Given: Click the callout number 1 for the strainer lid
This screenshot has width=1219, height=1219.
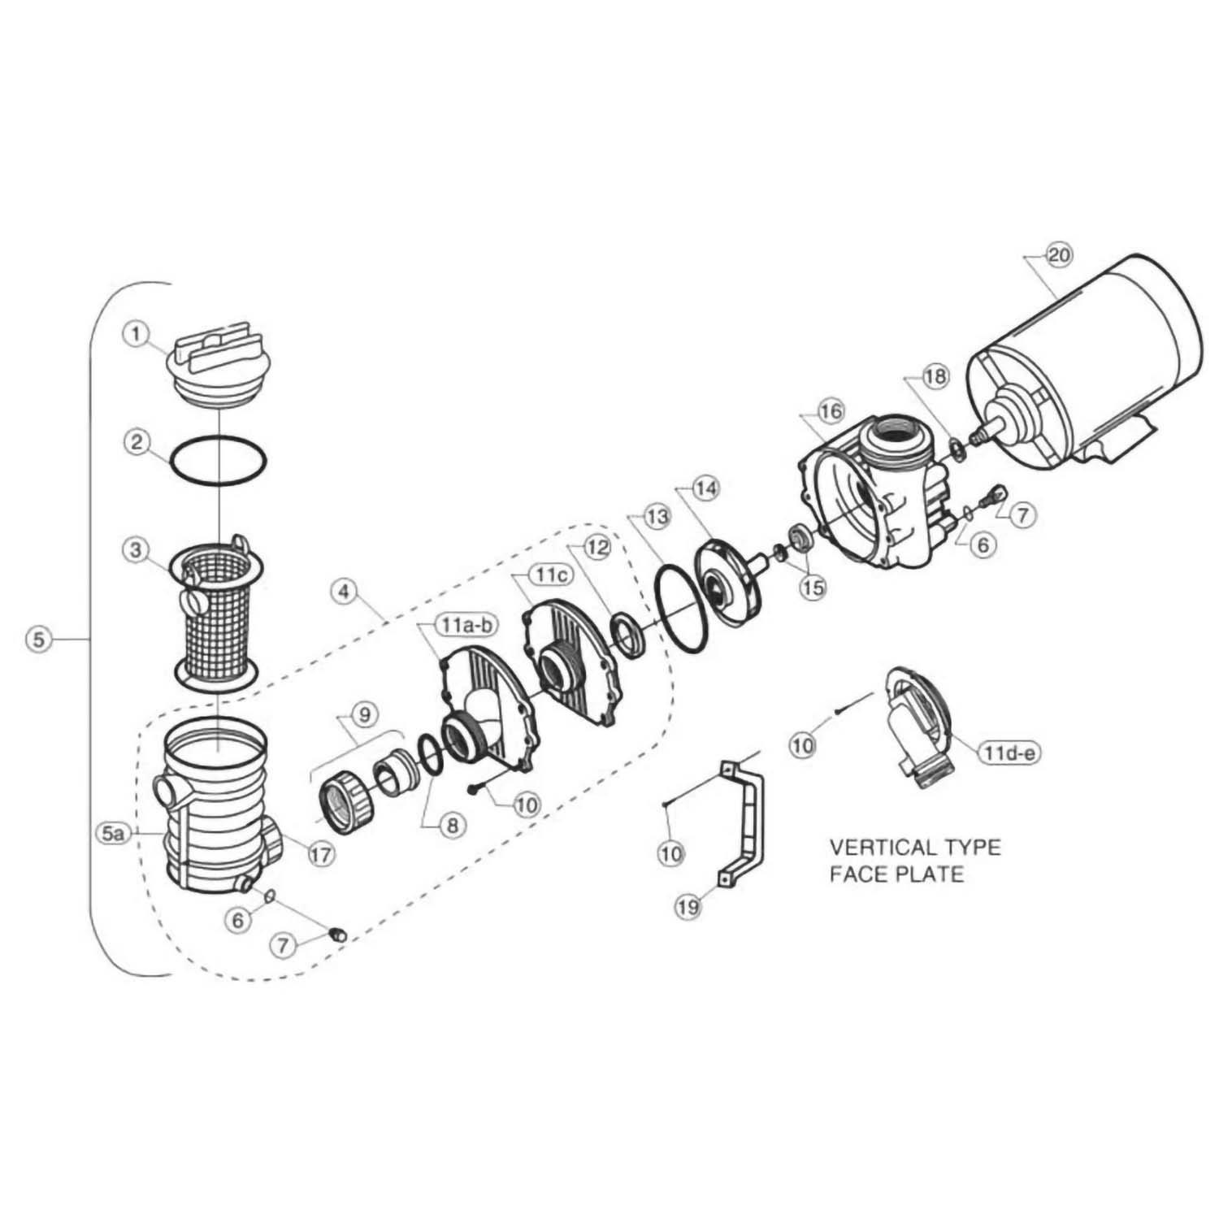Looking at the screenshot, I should coord(137,332).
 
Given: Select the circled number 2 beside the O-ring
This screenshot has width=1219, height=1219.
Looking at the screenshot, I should coord(137,442).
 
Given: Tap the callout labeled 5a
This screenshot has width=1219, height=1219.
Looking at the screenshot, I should coord(113,832).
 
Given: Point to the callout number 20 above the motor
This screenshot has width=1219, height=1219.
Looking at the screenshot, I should coord(1057,255).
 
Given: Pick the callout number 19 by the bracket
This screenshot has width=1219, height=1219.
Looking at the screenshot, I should coord(688,906).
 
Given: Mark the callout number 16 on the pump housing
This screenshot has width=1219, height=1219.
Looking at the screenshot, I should coord(831,411).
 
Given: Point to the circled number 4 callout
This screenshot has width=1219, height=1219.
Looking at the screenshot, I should coord(345,592).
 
